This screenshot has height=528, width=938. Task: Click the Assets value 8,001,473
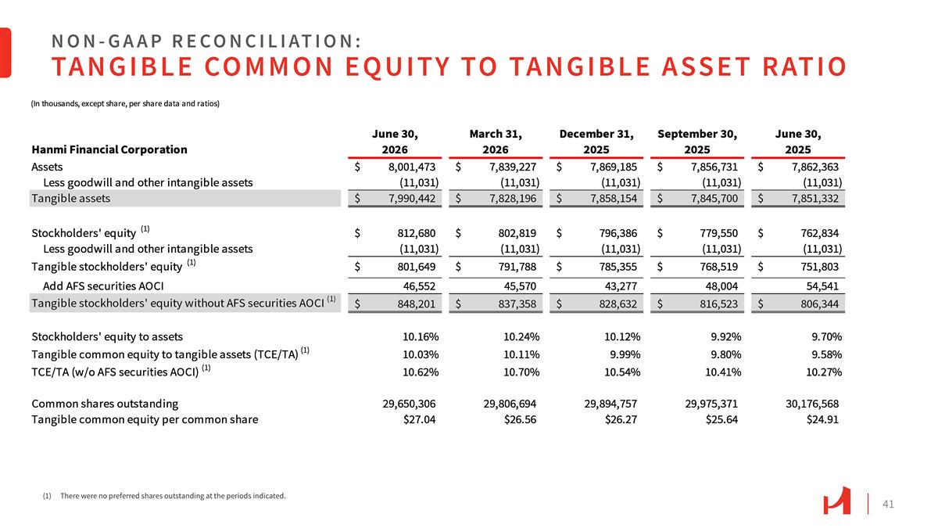pyautogui.click(x=412, y=167)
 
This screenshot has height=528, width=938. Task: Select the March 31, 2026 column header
pyautogui.click(x=496, y=142)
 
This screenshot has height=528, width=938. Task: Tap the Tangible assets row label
pyautogui.click(x=71, y=198)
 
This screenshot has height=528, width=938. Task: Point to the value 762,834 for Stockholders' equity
pyautogui.click(x=819, y=233)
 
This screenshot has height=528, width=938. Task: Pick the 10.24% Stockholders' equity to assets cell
pyautogui.click(x=521, y=336)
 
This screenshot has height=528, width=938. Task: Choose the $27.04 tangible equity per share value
pyautogui.click(x=419, y=419)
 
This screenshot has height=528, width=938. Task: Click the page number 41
pyautogui.click(x=888, y=504)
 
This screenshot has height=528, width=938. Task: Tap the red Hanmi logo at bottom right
pyautogui.click(x=836, y=501)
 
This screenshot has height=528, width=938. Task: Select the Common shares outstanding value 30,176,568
pyautogui.click(x=812, y=404)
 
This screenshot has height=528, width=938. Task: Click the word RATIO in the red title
pyautogui.click(x=804, y=66)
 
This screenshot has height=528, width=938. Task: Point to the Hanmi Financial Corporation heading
pyautogui.click(x=109, y=149)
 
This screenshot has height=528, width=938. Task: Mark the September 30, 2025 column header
pyautogui.click(x=697, y=142)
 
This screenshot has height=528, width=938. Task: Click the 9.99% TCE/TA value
pyautogui.click(x=625, y=354)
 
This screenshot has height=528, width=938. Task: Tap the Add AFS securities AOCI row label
pyautogui.click(x=103, y=286)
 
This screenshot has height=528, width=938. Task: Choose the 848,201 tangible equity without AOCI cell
pyautogui.click(x=416, y=304)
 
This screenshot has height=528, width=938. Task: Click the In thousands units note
pyautogui.click(x=125, y=103)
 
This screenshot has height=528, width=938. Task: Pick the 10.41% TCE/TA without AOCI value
pyautogui.click(x=723, y=372)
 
